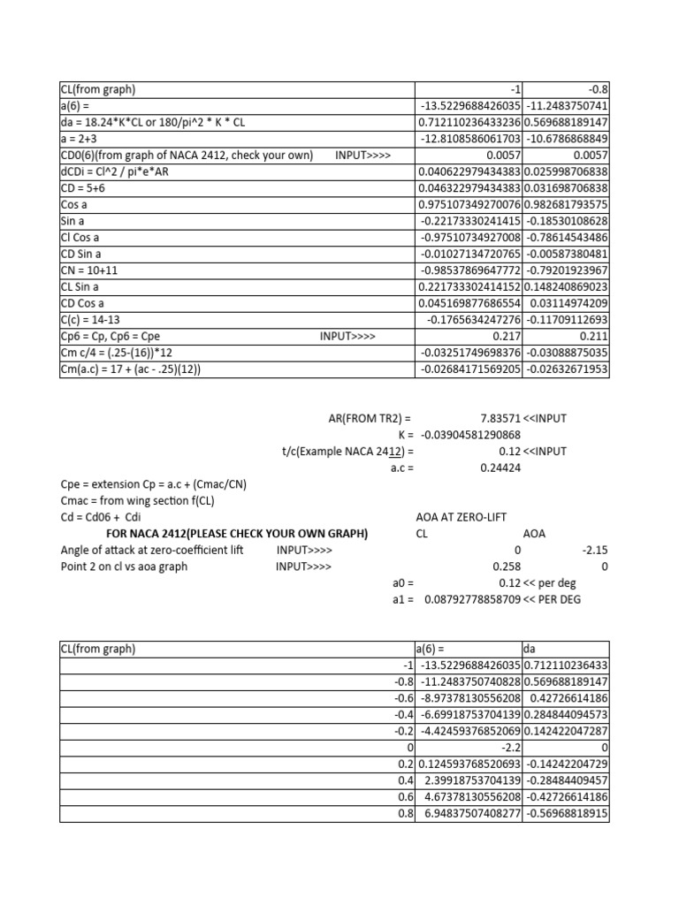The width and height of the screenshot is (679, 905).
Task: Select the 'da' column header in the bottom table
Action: (531, 649)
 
